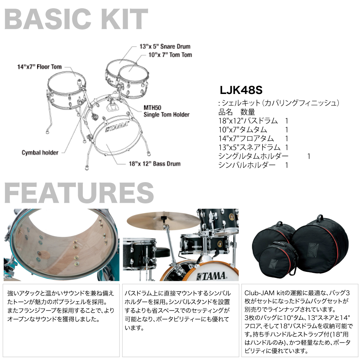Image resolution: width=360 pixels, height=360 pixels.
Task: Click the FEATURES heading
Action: point(79,193)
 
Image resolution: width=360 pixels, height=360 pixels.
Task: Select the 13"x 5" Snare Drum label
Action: point(165,46)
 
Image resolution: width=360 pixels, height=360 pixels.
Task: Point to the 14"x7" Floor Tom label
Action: point(39,67)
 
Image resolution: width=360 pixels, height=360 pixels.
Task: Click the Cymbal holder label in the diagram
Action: point(40,153)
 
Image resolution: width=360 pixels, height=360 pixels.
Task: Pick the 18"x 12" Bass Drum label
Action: point(154,164)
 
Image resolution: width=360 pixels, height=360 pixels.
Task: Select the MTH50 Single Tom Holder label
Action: point(166,111)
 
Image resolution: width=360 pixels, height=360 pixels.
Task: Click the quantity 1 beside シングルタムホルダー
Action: point(309,156)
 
